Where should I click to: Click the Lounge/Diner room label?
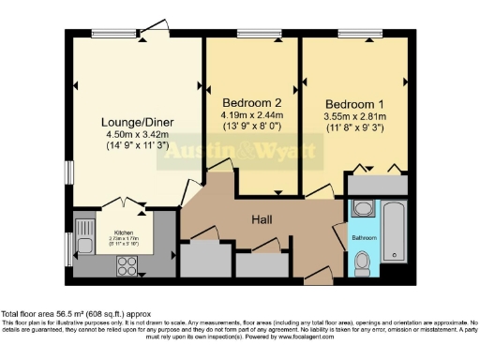click(135, 121)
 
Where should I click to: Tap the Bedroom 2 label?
click(247, 101)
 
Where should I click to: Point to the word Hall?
click(262, 218)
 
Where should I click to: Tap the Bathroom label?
click(364, 238)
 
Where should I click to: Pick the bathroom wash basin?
click(365, 208)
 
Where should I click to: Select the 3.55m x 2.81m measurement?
click(352, 116)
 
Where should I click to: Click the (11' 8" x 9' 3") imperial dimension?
click(352, 128)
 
